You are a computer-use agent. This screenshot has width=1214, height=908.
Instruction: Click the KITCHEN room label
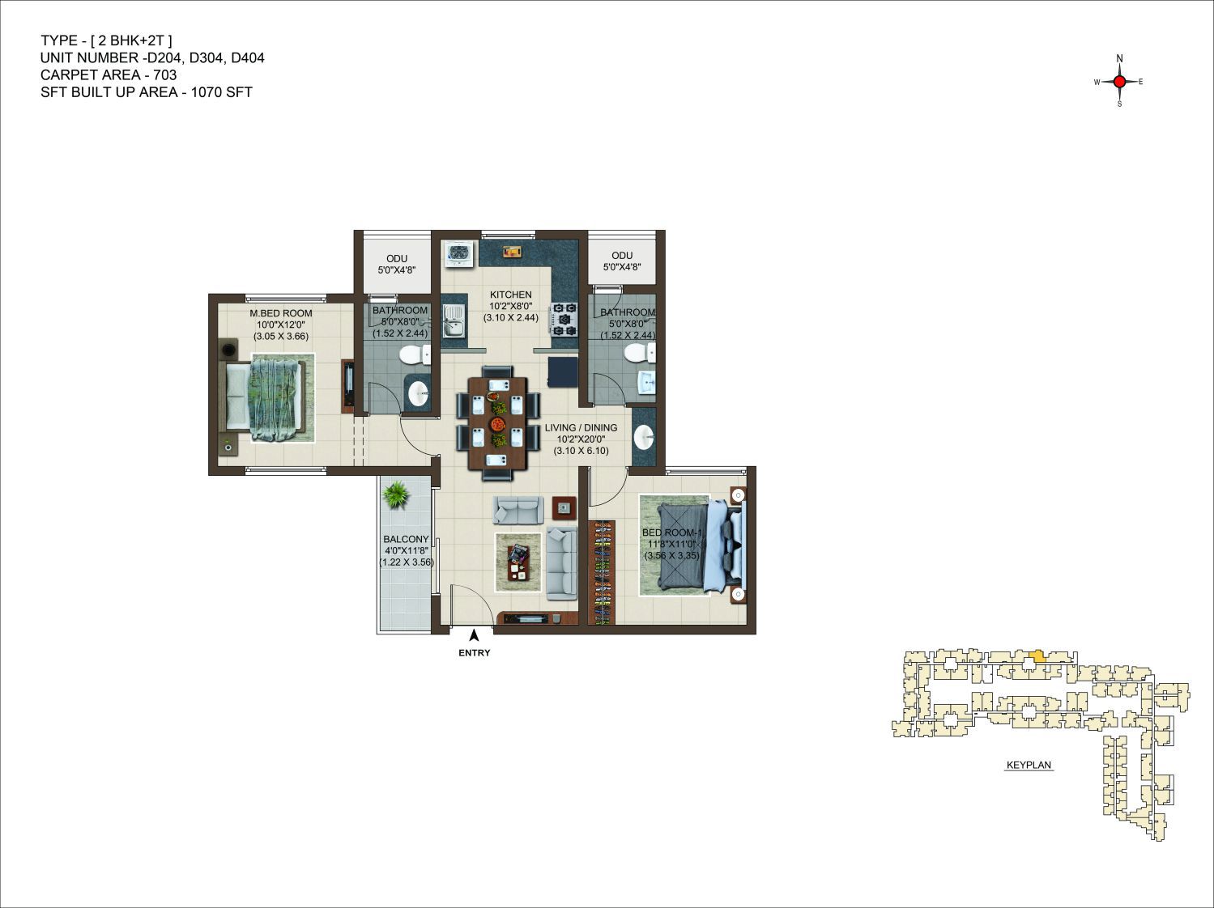click(x=510, y=295)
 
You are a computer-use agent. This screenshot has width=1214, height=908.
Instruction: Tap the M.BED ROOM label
click(x=281, y=313)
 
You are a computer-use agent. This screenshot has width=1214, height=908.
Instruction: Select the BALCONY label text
click(x=406, y=539)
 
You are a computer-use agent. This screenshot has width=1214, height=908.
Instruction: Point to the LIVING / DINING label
click(x=581, y=427)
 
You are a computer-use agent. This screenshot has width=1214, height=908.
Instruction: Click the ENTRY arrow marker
click(x=474, y=635)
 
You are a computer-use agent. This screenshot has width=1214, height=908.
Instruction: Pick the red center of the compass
click(x=1119, y=82)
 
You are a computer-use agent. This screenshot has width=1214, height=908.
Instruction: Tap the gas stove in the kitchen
click(x=564, y=320)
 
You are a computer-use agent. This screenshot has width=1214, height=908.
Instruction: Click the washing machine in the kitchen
click(x=459, y=254)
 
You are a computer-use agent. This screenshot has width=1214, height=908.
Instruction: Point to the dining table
click(x=497, y=422)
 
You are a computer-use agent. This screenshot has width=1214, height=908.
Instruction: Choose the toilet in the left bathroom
click(x=415, y=354)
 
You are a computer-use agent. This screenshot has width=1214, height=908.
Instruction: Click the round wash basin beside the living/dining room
click(x=644, y=438)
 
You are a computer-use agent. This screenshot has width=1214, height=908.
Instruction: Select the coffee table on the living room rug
click(x=518, y=562)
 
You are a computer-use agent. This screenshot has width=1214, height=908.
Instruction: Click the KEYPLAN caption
click(x=1029, y=766)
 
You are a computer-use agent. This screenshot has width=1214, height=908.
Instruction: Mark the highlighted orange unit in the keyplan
click(x=1037, y=656)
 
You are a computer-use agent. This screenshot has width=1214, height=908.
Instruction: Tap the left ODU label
click(x=397, y=259)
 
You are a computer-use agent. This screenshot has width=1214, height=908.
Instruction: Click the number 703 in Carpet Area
click(x=165, y=74)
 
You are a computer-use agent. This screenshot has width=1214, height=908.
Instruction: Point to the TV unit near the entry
click(x=530, y=618)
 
